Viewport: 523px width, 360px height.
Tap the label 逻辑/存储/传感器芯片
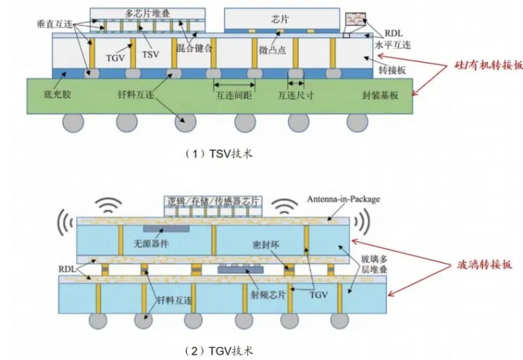coord(212,200)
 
